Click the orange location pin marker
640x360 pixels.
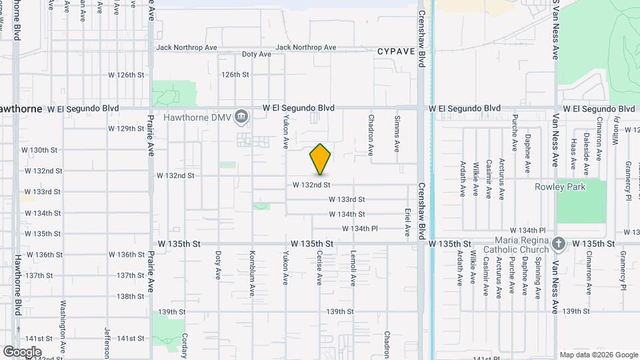tap(321, 159)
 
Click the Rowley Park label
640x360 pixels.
tap(560, 187)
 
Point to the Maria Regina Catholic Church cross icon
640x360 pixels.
tap(559, 244)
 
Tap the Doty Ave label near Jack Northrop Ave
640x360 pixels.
tap(256, 54)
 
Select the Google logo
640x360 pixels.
tap(22, 352)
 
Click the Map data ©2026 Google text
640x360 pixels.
tap(599, 355)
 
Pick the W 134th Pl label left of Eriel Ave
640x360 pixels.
tap(360, 229)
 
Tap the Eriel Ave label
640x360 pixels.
tap(407, 222)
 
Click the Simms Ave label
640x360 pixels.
tap(397, 133)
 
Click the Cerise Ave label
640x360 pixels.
tap(319, 269)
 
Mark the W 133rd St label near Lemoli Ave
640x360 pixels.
tap(347, 199)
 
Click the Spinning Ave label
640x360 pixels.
tap(538, 275)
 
